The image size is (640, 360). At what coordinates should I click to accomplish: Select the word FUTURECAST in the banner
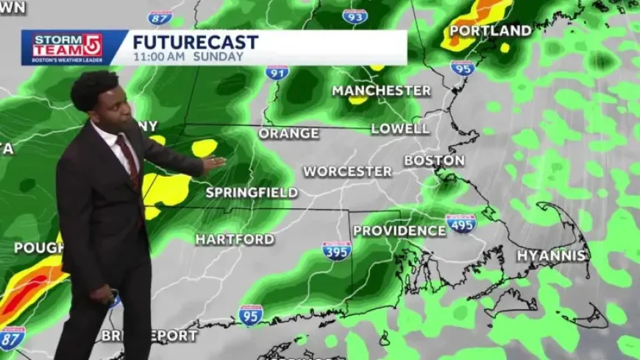(x=195, y=42)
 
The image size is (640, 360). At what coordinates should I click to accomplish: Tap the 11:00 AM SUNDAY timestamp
(x=188, y=57)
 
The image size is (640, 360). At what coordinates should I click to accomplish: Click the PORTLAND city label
(x=490, y=31)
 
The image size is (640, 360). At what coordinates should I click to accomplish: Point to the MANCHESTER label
(x=381, y=91)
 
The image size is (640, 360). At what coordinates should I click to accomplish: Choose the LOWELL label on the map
(x=400, y=129)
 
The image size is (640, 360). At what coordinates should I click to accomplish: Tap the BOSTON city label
(x=434, y=160)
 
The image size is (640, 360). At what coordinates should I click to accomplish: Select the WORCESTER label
(x=348, y=172)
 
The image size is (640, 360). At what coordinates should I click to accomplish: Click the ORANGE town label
(x=288, y=134)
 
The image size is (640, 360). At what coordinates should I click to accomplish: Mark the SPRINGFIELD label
(x=252, y=193)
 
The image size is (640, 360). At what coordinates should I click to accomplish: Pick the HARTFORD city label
(x=235, y=239)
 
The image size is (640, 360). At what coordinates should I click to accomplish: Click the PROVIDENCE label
(x=399, y=231)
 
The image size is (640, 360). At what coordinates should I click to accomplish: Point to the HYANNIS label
(x=551, y=256)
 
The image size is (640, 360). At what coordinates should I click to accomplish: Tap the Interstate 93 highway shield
(x=355, y=15)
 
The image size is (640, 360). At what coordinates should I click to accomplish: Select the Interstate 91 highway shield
(x=277, y=72)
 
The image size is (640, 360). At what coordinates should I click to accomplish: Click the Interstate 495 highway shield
(x=461, y=223)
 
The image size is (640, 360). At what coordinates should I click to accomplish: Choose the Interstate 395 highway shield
(x=336, y=250)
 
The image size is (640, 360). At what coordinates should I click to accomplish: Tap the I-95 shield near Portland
(x=463, y=68)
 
